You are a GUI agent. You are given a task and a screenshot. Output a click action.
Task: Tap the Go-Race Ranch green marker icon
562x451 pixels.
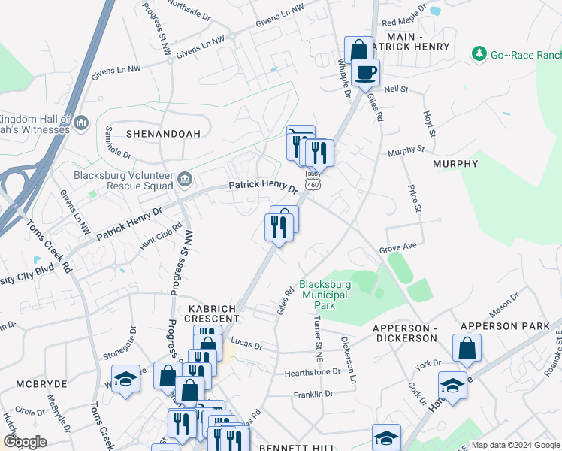477,53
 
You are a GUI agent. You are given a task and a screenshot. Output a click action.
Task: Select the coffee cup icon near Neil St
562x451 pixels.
366,73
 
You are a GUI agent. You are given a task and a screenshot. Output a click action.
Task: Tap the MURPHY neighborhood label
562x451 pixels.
455,164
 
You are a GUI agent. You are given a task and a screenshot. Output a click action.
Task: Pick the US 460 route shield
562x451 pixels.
312,184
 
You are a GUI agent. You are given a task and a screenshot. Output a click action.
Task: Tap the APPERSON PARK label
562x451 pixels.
500,326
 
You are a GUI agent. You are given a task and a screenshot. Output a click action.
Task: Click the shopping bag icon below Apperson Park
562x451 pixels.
467,348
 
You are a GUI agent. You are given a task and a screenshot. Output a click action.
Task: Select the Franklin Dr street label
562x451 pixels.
313,394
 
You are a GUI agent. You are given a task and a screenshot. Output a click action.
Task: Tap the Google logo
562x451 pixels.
25,442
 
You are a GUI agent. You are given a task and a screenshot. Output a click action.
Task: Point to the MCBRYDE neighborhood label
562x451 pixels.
41,383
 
